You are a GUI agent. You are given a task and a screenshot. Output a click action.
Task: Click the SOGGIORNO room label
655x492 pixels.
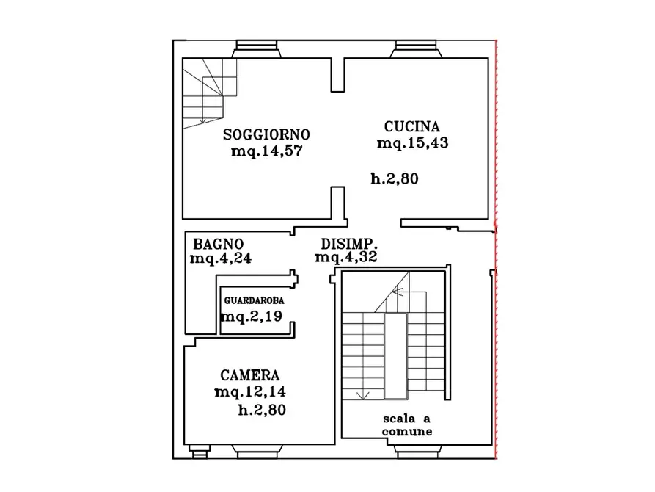tap(266, 134)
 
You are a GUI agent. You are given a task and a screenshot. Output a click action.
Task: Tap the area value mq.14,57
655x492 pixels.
tap(266, 151)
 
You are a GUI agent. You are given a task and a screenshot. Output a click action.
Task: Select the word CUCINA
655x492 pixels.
tap(412, 126)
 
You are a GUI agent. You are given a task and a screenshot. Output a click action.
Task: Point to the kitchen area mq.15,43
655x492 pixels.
tap(413, 142)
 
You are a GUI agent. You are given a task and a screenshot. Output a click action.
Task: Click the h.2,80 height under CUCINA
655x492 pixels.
tap(395, 178)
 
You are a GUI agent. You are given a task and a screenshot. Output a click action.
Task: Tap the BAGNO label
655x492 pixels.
tap(218, 244)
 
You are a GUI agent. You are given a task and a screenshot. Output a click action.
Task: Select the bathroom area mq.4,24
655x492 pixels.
tap(221, 258)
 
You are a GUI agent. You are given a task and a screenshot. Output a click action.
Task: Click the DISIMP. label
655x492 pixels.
tap(349, 244)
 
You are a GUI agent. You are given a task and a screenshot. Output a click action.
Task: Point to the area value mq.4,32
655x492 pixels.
tap(346, 257)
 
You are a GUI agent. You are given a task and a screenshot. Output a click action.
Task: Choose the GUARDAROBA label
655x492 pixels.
tap(254, 300)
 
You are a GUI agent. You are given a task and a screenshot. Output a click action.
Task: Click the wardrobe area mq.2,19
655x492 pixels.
tap(252, 316)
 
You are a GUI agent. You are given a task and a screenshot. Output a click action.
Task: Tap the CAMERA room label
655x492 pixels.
tap(250, 375)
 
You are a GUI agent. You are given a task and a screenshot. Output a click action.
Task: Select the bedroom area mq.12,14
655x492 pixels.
tap(250, 391)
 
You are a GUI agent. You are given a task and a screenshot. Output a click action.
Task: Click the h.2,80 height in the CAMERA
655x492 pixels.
tap(262, 410)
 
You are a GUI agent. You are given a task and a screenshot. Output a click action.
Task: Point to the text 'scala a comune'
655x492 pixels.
tap(407, 425)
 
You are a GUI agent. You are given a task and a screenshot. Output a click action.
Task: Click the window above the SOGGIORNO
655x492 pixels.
tap(257, 49)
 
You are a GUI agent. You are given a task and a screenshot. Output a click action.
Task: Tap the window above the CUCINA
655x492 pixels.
tap(416, 49)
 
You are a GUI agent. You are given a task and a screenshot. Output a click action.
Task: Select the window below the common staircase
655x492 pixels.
tap(418, 452)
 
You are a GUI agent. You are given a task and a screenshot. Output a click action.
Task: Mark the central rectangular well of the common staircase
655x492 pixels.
tap(395, 356)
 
